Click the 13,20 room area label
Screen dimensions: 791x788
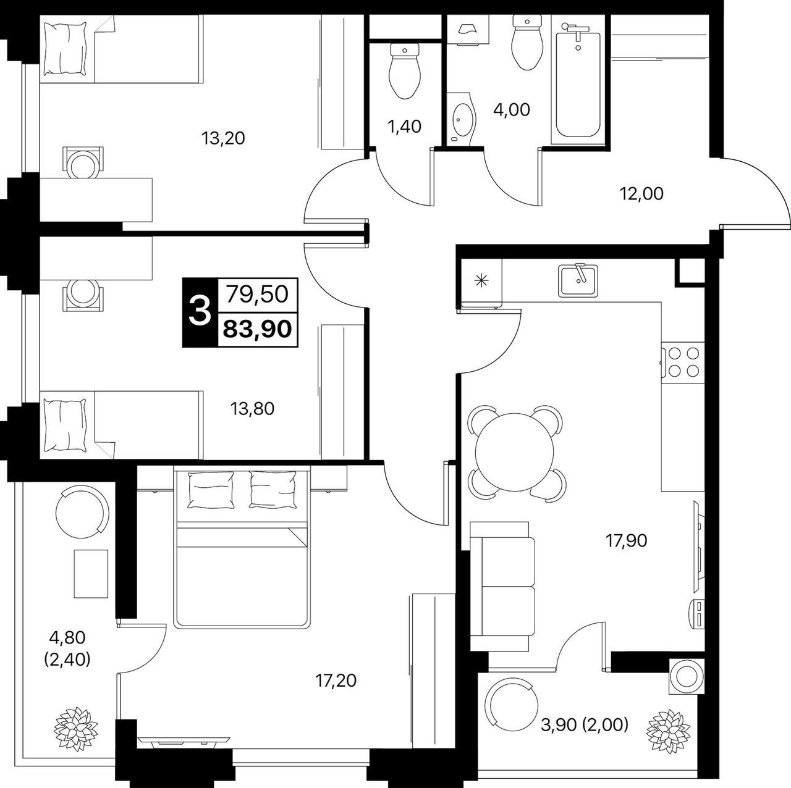click(x=223, y=138)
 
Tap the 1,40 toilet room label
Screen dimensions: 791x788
click(x=404, y=127)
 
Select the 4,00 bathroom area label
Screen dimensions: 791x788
click(x=512, y=109)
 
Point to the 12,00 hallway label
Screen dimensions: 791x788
click(x=641, y=194)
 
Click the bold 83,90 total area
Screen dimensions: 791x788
click(x=257, y=329)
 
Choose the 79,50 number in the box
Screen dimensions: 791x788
click(x=257, y=294)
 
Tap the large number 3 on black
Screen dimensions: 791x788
click(x=200, y=312)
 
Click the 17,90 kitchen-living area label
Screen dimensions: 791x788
click(x=627, y=540)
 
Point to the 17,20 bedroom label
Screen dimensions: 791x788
click(x=336, y=681)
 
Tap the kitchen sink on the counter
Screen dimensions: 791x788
click(x=578, y=280)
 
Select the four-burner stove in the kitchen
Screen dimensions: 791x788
click(x=683, y=362)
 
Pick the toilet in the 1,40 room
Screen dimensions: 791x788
click(x=405, y=71)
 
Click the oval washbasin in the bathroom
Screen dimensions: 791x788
click(x=463, y=119)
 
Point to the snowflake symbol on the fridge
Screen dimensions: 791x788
click(x=480, y=280)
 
